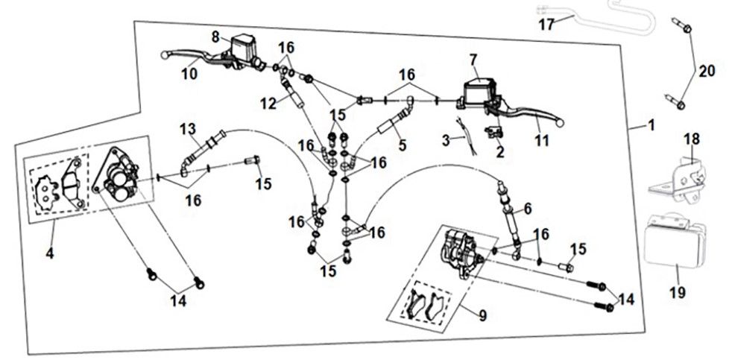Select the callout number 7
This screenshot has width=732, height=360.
[x=472, y=58]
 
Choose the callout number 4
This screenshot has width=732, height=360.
[x=49, y=253]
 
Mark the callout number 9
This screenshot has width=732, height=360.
[x=482, y=316]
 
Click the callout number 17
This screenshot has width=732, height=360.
[x=546, y=25]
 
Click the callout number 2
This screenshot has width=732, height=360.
[x=499, y=153]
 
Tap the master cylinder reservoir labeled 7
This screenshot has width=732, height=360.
[x=482, y=88]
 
